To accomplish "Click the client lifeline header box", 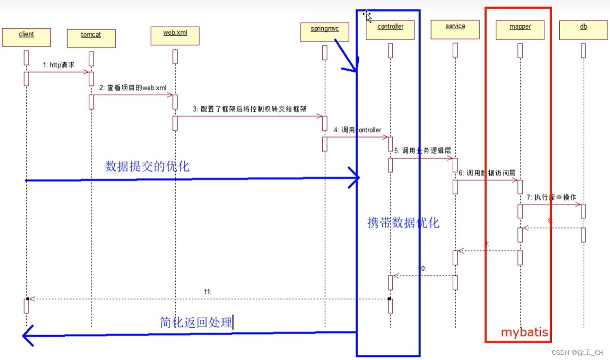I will pos(26,37).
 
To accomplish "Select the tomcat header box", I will pos(91,38).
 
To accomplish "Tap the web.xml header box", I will pos(175,36).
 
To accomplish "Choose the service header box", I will pos(455,30).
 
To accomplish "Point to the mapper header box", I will pos(520,30).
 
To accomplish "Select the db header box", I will pos(583,30).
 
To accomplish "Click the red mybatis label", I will pos(524,332).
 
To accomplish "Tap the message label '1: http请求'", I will pos(59,65).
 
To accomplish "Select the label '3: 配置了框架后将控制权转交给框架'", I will pos(250,109).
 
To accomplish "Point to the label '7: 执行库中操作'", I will pos(551,197).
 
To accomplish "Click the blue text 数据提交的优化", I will pos(147,167).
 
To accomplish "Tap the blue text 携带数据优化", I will pos(403,223).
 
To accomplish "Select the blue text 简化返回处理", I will pos(196,323).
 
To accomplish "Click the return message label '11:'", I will pos(207,292).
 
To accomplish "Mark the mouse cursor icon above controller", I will pos(367,16).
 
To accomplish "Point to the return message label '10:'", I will pos(422,268).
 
